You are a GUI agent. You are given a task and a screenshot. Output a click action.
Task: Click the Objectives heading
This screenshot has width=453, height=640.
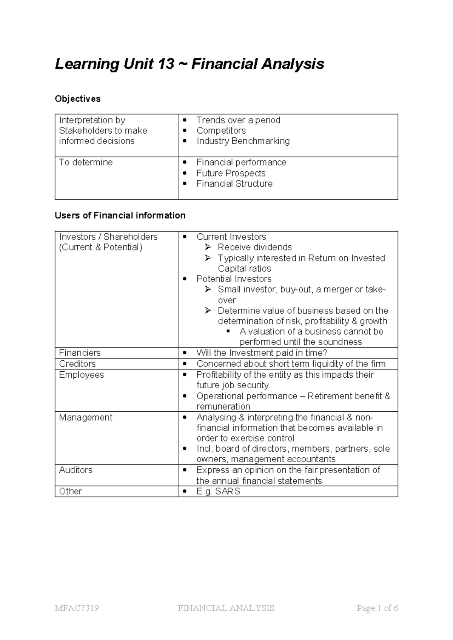78,99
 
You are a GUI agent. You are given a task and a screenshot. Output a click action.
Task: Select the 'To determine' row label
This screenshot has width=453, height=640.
86,162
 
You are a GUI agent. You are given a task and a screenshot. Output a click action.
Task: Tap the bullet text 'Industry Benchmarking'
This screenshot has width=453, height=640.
243,141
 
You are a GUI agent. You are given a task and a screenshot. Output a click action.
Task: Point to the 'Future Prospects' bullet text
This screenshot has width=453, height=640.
231,173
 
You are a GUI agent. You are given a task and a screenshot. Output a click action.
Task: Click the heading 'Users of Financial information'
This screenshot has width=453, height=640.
120,215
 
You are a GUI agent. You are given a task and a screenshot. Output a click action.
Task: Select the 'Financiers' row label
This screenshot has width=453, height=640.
80,353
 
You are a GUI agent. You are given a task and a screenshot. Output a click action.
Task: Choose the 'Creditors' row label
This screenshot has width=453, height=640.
77,364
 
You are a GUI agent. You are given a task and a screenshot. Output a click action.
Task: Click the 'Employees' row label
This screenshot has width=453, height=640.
81,375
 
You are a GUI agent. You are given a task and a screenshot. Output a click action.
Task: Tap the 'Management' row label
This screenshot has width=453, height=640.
86,417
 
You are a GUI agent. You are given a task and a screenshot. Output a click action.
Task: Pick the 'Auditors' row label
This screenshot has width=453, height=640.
75,470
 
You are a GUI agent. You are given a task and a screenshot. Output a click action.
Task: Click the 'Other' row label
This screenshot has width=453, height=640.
71,491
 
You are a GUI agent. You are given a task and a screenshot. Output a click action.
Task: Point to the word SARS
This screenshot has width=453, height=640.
228,491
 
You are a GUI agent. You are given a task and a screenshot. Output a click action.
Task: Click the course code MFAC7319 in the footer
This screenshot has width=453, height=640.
77,608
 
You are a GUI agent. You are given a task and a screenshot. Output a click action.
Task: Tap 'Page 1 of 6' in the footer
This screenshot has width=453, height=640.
377,608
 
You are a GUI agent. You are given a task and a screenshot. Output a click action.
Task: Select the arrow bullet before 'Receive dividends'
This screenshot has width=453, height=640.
208,248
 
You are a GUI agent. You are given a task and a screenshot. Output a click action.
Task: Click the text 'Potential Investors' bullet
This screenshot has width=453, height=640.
234,279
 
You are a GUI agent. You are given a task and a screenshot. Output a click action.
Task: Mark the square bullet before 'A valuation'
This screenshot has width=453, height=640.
228,332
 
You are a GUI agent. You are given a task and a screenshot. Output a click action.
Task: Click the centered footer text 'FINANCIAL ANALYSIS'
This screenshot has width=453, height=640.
226,608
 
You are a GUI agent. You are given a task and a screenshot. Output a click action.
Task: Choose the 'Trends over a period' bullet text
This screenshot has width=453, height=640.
238,120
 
